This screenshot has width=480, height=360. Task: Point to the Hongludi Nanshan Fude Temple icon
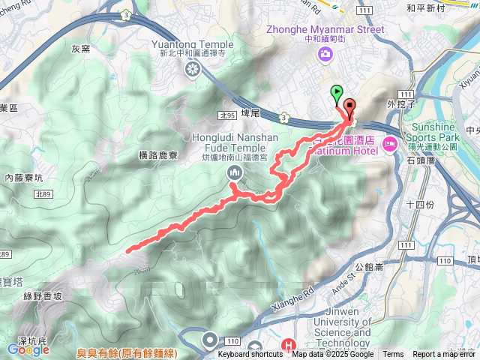pyautogui.click(x=235, y=174)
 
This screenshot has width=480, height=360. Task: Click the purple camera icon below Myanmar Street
pyautogui.click(x=325, y=52)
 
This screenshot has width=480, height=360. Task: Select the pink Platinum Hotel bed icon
pyautogui.click(x=389, y=143)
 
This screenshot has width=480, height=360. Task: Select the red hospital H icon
pyautogui.click(x=287, y=346)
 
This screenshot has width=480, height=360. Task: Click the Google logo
pyautogui.click(x=28, y=349)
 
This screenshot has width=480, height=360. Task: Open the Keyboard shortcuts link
pyautogui.click(x=251, y=355)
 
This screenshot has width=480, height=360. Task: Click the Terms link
pyautogui.click(x=393, y=355)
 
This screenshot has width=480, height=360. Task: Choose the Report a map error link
pyautogui.click(x=445, y=355)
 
